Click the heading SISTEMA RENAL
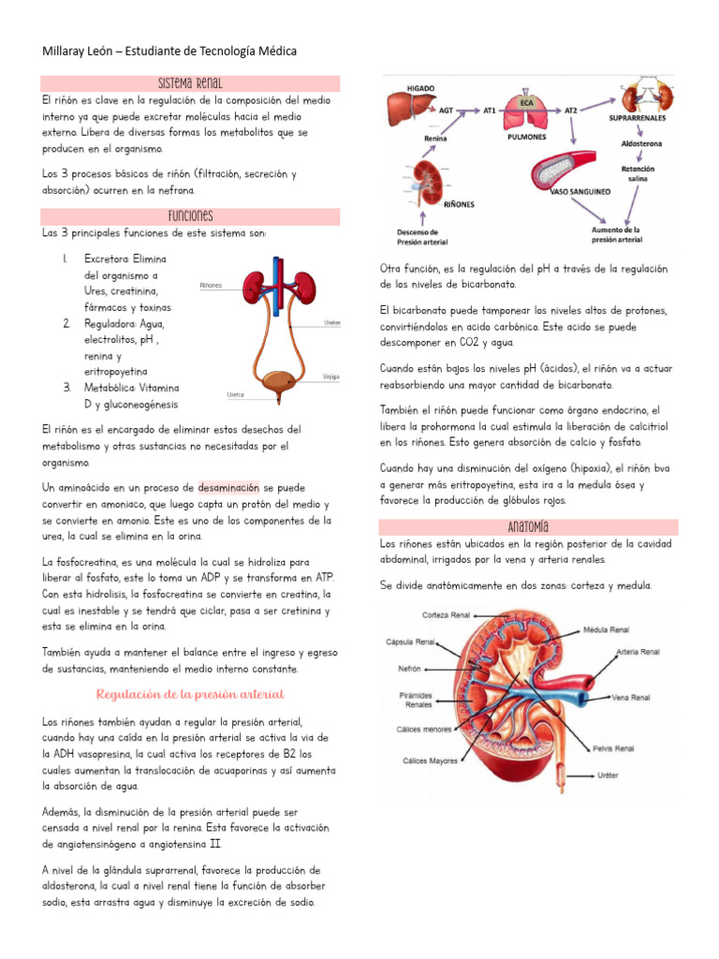tap(190, 83)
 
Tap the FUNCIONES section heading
tap(190, 216)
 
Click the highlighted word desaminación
tap(228, 488)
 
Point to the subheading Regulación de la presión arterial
tap(190, 694)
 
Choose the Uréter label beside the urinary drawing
tap(332, 321)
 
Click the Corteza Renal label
tap(446, 615)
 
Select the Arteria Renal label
tap(637, 651)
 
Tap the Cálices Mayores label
tap(431, 761)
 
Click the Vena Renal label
tap(631, 697)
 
